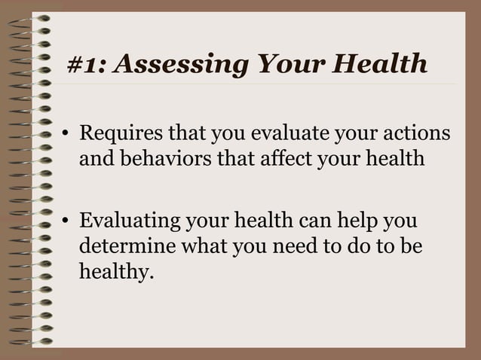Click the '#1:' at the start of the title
87,65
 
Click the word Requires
121,135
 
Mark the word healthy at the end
115,271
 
